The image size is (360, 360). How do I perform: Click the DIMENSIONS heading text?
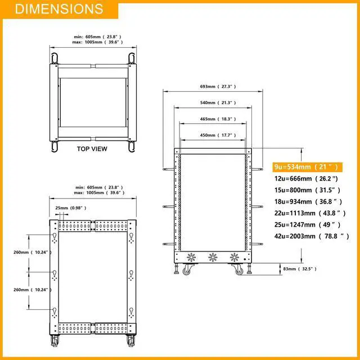click(59, 9)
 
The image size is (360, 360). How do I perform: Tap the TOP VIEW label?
click(92, 148)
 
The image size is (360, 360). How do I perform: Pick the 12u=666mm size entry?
click(306, 178)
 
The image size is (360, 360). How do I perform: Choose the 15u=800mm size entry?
click(307, 190)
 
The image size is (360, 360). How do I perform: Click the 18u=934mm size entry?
click(308, 201)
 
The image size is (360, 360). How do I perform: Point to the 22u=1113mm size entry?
click(310, 213)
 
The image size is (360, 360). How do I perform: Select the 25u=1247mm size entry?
click(308, 224)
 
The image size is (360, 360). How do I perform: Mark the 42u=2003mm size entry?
click(312, 236)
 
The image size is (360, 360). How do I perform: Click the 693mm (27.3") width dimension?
click(218, 87)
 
